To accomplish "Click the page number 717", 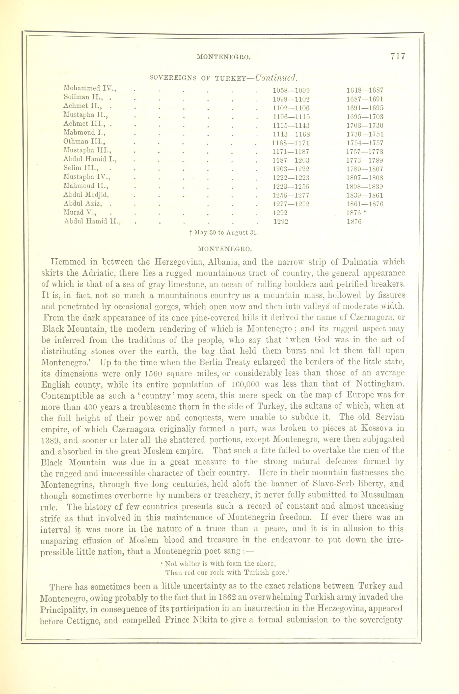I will (397, 56).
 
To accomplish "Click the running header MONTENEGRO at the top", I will (224, 58).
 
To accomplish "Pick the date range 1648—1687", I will (365, 90).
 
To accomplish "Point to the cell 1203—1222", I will (291, 169).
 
